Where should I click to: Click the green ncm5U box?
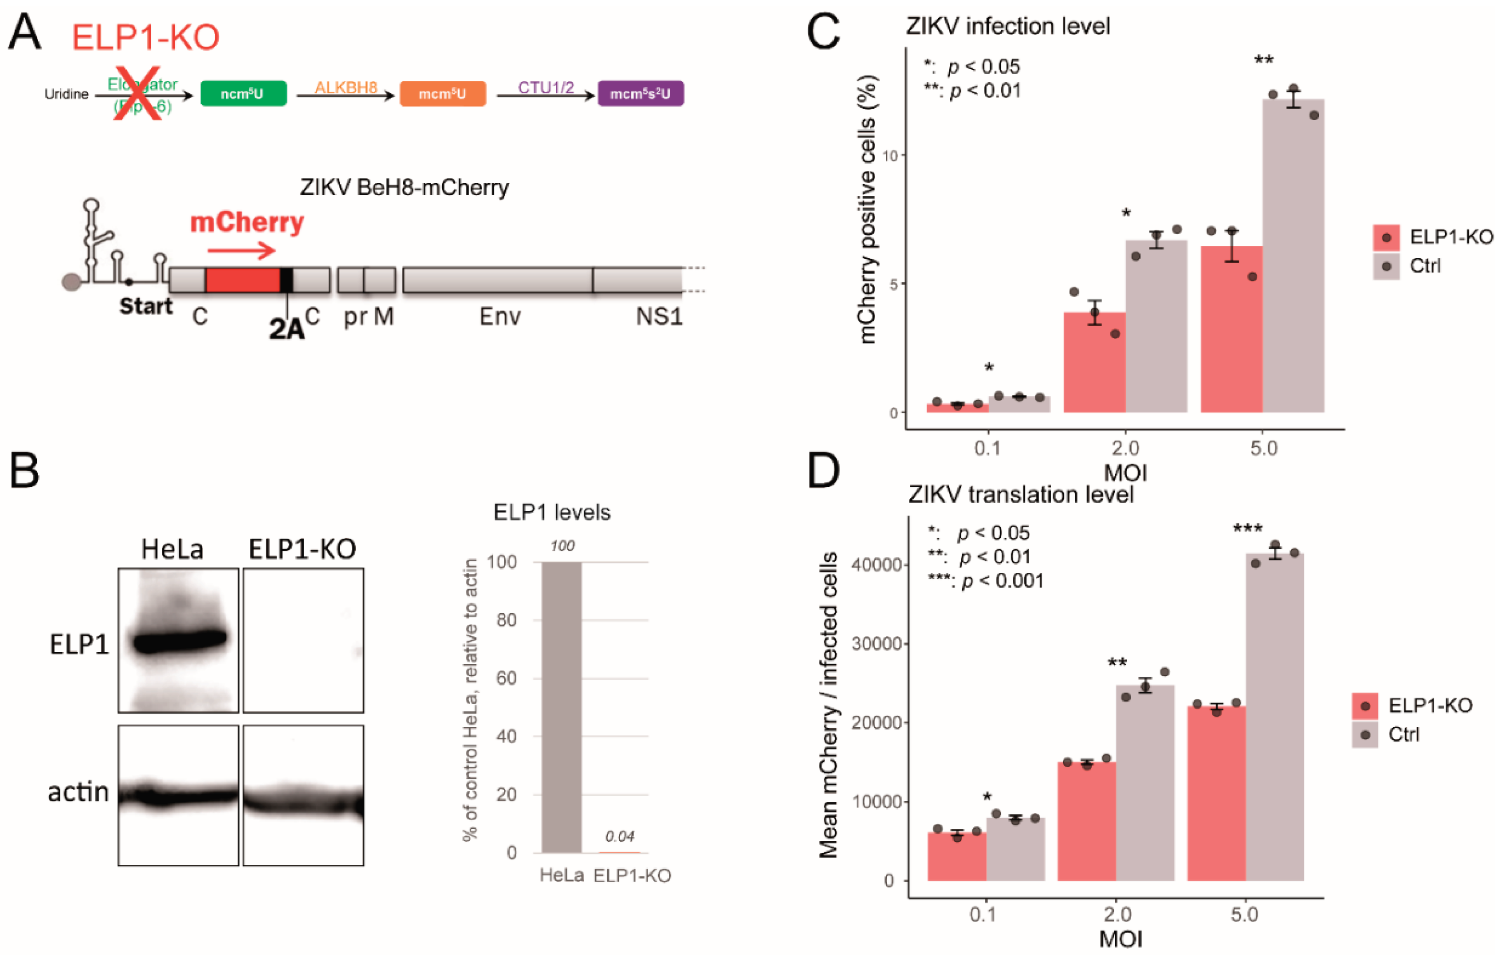click(243, 94)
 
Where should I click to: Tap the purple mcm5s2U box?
click(640, 94)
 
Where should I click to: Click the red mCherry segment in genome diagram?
click(243, 280)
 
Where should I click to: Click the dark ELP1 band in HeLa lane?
click(179, 641)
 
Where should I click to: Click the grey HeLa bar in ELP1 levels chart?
click(561, 706)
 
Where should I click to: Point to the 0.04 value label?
click(619, 836)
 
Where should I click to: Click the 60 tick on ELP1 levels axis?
click(506, 678)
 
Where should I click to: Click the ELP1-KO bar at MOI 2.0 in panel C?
click(1094, 363)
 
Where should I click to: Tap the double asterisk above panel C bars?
click(1263, 60)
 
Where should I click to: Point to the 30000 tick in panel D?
click(875, 643)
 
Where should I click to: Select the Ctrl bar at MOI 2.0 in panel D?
click(1145, 782)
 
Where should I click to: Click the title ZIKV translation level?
click(1020, 495)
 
